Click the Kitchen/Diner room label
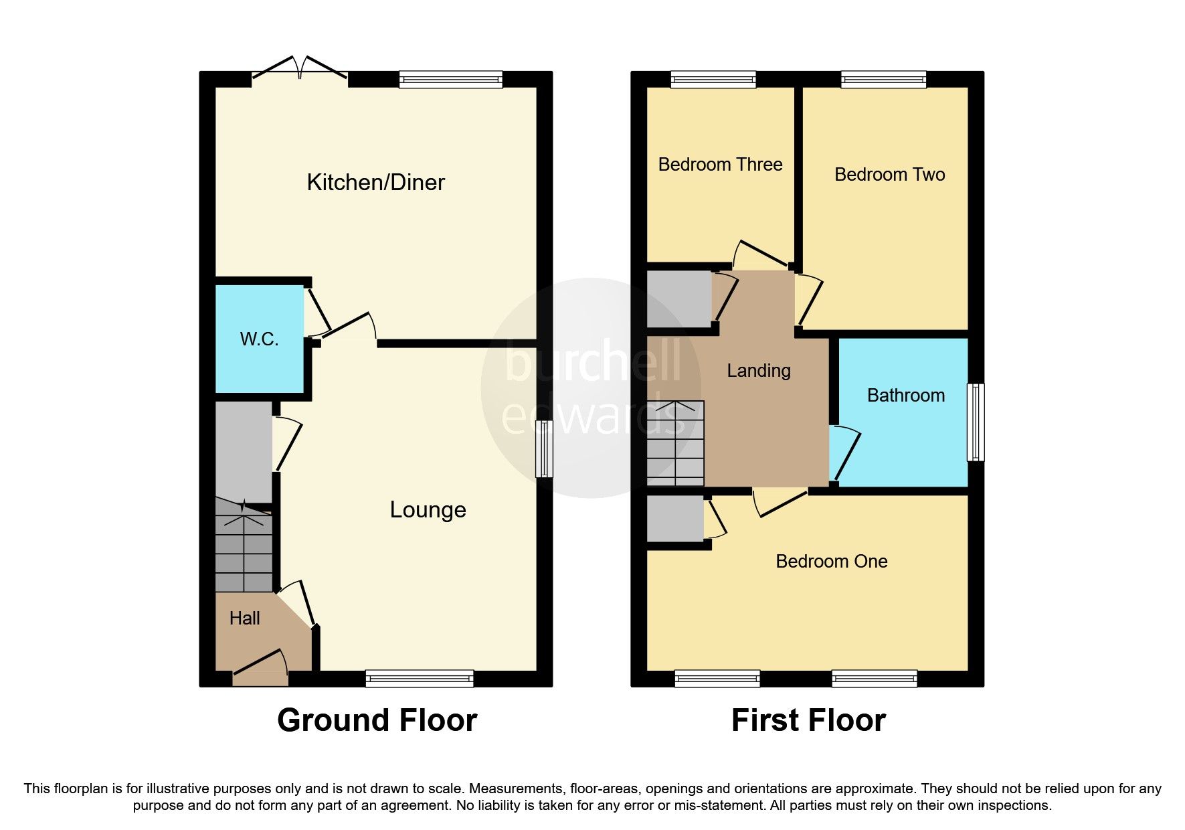click(375, 183)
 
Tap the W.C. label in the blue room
click(259, 339)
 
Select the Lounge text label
click(428, 510)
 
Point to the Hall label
click(244, 618)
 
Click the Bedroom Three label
click(720, 165)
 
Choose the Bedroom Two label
click(889, 175)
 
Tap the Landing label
click(759, 371)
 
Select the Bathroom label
click(905, 396)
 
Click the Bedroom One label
click(831, 562)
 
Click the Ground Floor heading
click(377, 721)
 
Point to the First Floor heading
click(808, 721)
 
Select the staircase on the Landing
click(676, 444)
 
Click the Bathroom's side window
click(976, 422)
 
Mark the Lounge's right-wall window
click(545, 448)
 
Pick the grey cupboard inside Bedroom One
click(675, 518)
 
